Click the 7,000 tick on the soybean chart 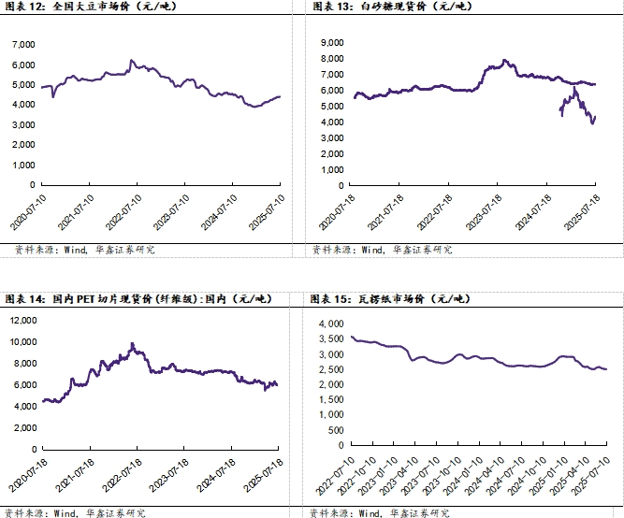tap(24, 44)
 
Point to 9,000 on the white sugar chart tap(332, 43)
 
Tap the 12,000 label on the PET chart tap(23, 321)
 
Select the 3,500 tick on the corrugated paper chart tap(331, 338)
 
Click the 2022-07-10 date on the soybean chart tap(123, 212)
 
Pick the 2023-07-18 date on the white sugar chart tap(484, 212)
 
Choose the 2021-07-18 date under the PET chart tap(75, 475)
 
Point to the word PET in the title tap(85, 299)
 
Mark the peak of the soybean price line tap(132, 61)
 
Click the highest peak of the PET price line tap(133, 343)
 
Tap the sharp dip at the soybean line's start tap(53, 96)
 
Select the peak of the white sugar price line tap(504, 60)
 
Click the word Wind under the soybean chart tap(75, 250)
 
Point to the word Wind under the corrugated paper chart tap(370, 513)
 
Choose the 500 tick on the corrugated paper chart tap(336, 430)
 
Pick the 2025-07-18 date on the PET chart tap(264, 475)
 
